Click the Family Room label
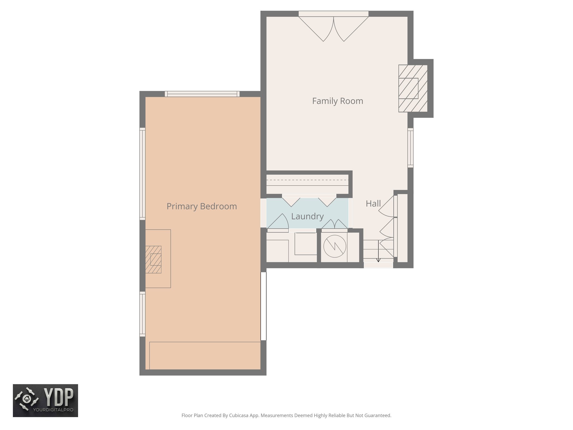[337, 101]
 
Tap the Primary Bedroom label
[201, 206]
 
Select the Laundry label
[307, 216]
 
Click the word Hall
[373, 204]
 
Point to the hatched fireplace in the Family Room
[413, 88]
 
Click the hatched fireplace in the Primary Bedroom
[153, 260]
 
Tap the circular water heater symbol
[335, 246]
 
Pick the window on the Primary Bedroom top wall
[202, 94]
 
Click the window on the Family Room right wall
[410, 148]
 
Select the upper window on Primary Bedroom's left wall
[142, 174]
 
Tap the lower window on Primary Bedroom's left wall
[142, 314]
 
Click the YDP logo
[45, 400]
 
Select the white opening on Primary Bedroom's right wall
[263, 306]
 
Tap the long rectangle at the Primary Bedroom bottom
[205, 356]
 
